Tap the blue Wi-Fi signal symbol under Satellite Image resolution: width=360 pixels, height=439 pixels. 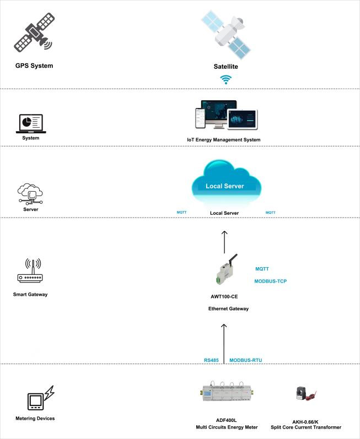pos(225,80)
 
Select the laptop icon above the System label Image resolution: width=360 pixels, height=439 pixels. pos(31,123)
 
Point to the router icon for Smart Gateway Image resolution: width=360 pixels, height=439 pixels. pos(30,272)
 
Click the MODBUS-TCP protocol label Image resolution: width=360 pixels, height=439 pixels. pos(270,281)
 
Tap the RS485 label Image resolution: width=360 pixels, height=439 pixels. pos(212,360)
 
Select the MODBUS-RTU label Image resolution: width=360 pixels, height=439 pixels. pos(245,360)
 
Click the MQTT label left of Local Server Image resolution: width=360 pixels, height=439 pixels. pos(181,212)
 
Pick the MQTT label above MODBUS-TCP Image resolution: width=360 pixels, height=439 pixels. pos(262,269)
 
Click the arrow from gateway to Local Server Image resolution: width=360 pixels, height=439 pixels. pos(224,241)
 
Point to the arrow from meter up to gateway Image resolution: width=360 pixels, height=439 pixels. pos(224,342)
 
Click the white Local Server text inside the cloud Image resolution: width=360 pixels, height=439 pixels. pos(224,186)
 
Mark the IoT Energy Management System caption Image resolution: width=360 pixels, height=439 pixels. pos(224,140)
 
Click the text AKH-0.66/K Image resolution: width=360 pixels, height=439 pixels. pos(306,420)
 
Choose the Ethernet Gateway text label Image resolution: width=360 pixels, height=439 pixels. pos(228,308)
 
